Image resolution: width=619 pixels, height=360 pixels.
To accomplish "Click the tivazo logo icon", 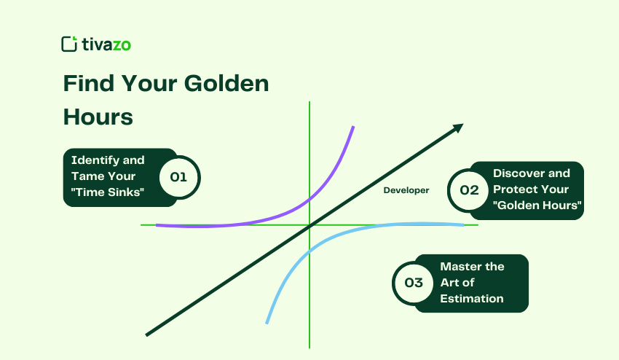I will (69, 44).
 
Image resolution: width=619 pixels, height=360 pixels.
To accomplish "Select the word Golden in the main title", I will (227, 84).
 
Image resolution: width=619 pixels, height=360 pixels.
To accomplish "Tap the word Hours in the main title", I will (98, 117).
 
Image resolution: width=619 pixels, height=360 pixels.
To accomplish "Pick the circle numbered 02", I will (469, 190).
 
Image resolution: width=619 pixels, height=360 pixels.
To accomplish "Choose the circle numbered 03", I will (414, 283).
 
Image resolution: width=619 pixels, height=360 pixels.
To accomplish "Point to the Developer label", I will (406, 190).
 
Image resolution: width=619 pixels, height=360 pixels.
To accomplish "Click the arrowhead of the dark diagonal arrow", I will (458, 128).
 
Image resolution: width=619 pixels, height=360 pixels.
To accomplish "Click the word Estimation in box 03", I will (472, 298).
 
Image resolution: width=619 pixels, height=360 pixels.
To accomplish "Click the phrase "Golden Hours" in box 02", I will (537, 206).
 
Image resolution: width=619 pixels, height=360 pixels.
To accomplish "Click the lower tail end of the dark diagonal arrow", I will (149, 334).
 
